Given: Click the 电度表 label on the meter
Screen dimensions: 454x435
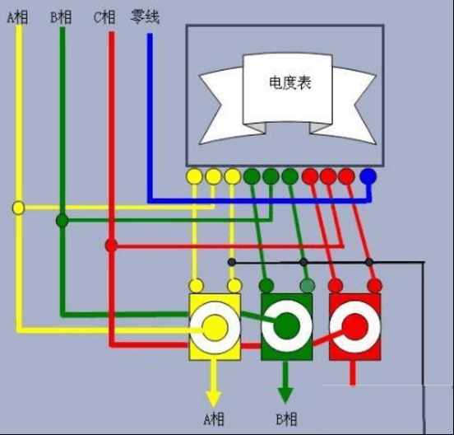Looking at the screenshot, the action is coord(290,82).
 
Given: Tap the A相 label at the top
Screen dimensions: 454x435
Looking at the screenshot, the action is coord(17,17).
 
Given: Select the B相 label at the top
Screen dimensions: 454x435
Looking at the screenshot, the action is coord(61,17).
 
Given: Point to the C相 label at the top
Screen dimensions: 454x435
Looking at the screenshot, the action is coord(104,17).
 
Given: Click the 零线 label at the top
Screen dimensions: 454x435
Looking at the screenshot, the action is coord(145,16).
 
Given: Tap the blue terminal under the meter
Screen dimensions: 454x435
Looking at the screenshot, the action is coord(368,176).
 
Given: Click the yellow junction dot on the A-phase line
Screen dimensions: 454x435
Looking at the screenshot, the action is coord(18,208).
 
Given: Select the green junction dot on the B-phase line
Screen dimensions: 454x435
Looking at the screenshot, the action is coord(63,221).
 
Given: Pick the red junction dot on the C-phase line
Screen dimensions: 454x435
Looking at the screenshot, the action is coord(111,246).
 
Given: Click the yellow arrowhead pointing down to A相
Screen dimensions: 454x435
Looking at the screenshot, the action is coord(213,399).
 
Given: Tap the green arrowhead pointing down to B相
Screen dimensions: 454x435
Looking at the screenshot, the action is coord(285,395).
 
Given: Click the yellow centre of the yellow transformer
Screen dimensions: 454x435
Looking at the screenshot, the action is coord(215,328).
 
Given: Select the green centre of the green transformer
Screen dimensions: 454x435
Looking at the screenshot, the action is coord(287,326).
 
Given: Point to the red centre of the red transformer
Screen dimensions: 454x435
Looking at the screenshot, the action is coord(355,327).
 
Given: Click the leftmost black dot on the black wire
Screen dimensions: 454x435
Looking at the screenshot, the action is coord(231,263).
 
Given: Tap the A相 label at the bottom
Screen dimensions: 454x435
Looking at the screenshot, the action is coord(214,419).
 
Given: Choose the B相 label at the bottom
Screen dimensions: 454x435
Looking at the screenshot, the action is coord(286,419).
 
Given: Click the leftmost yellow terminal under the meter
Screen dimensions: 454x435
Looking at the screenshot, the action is coord(195,176).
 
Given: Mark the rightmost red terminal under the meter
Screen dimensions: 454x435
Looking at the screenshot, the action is coord(346,176).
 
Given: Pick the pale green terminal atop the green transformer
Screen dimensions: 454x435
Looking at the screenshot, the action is coord(308,286).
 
